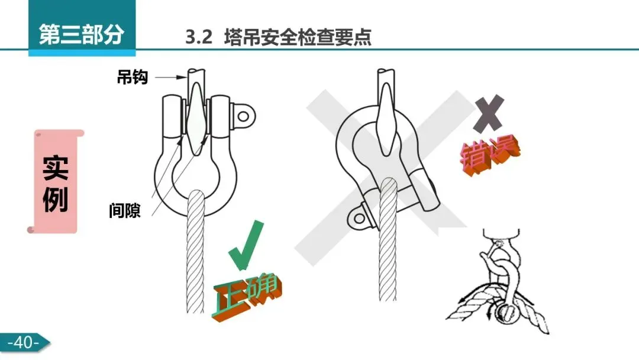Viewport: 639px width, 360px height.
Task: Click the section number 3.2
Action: point(199,38)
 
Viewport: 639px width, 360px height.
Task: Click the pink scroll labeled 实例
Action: point(57,181)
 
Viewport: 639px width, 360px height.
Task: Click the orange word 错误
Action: point(490,155)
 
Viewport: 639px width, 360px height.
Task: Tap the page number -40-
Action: point(24,342)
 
